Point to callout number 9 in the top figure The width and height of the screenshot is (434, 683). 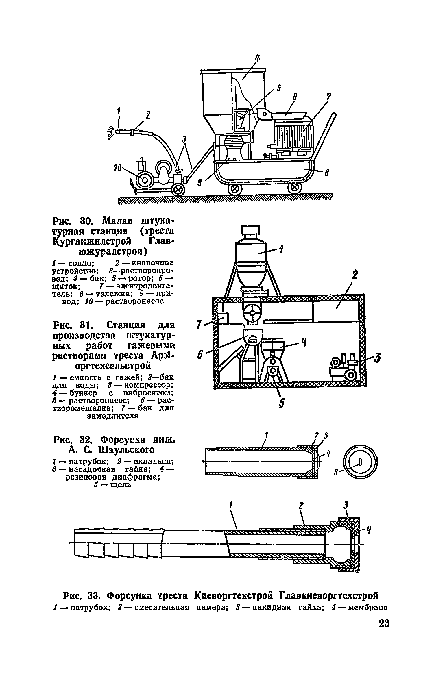click(200, 183)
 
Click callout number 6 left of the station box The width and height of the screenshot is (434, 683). click(199, 355)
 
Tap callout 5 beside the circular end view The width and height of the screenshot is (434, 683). click(336, 473)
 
